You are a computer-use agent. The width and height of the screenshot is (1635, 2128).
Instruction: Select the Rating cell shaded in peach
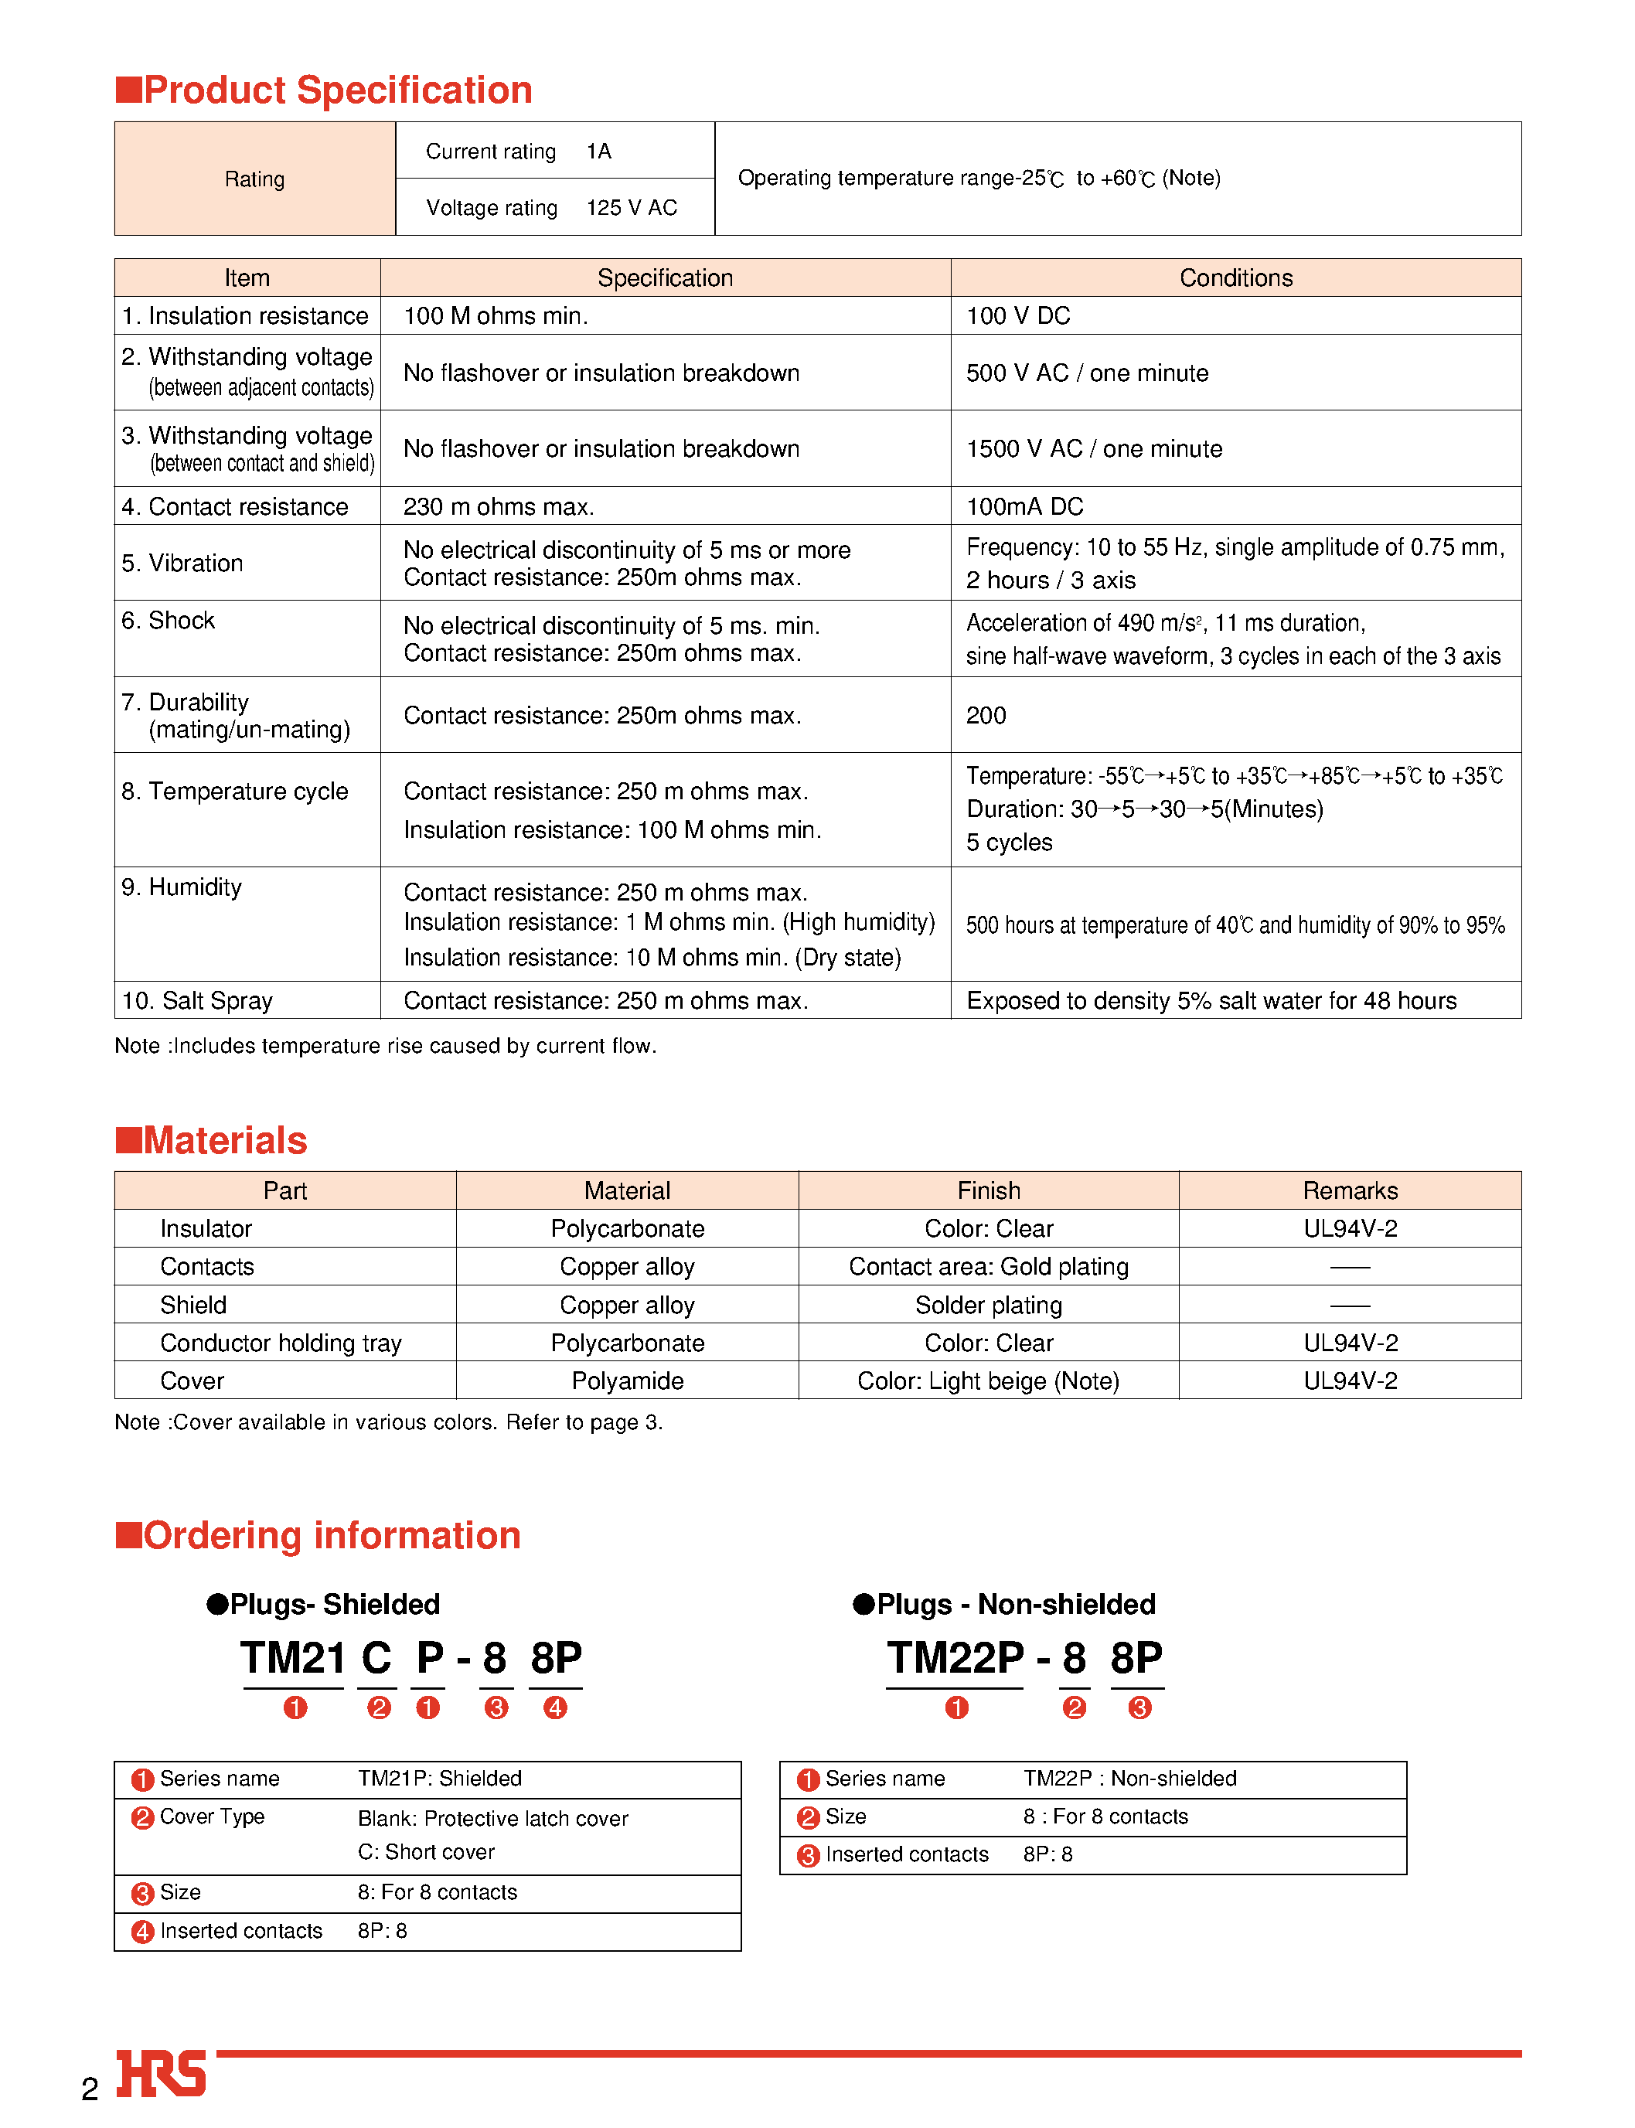pyautogui.click(x=255, y=179)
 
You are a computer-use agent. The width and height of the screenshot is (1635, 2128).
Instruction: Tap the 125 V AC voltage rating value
pyautogui.click(x=632, y=207)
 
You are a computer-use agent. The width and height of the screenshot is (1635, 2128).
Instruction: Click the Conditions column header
pyautogui.click(x=1235, y=278)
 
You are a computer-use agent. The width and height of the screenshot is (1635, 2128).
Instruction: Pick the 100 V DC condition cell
pyautogui.click(x=1018, y=316)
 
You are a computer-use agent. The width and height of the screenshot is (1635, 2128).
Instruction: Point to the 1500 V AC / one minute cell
pyautogui.click(x=1094, y=448)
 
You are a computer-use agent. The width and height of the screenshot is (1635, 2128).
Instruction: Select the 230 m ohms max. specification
pyautogui.click(x=499, y=507)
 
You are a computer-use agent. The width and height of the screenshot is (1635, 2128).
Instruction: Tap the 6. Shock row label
pyautogui.click(x=169, y=621)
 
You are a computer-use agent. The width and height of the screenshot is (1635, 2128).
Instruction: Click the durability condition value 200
pyautogui.click(x=986, y=716)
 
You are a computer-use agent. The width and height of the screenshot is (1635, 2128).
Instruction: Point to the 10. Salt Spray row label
pyautogui.click(x=198, y=1001)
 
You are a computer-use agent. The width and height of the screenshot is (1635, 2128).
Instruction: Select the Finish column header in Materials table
pyautogui.click(x=989, y=1191)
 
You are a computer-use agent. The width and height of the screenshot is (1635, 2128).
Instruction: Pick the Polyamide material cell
pyautogui.click(x=628, y=1381)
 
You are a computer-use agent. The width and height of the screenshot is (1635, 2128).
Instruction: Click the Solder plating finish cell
pyautogui.click(x=989, y=1306)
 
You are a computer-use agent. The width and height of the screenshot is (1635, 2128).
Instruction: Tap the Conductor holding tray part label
pyautogui.click(x=281, y=1343)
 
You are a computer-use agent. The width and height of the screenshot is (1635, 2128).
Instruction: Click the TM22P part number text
pyautogui.click(x=955, y=1659)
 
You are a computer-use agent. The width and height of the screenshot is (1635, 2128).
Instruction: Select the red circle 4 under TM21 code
pyautogui.click(x=555, y=1708)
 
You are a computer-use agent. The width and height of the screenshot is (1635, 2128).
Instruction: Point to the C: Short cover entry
pyautogui.click(x=426, y=1853)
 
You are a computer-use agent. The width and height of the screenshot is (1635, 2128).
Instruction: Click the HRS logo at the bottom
pyautogui.click(x=161, y=2074)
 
